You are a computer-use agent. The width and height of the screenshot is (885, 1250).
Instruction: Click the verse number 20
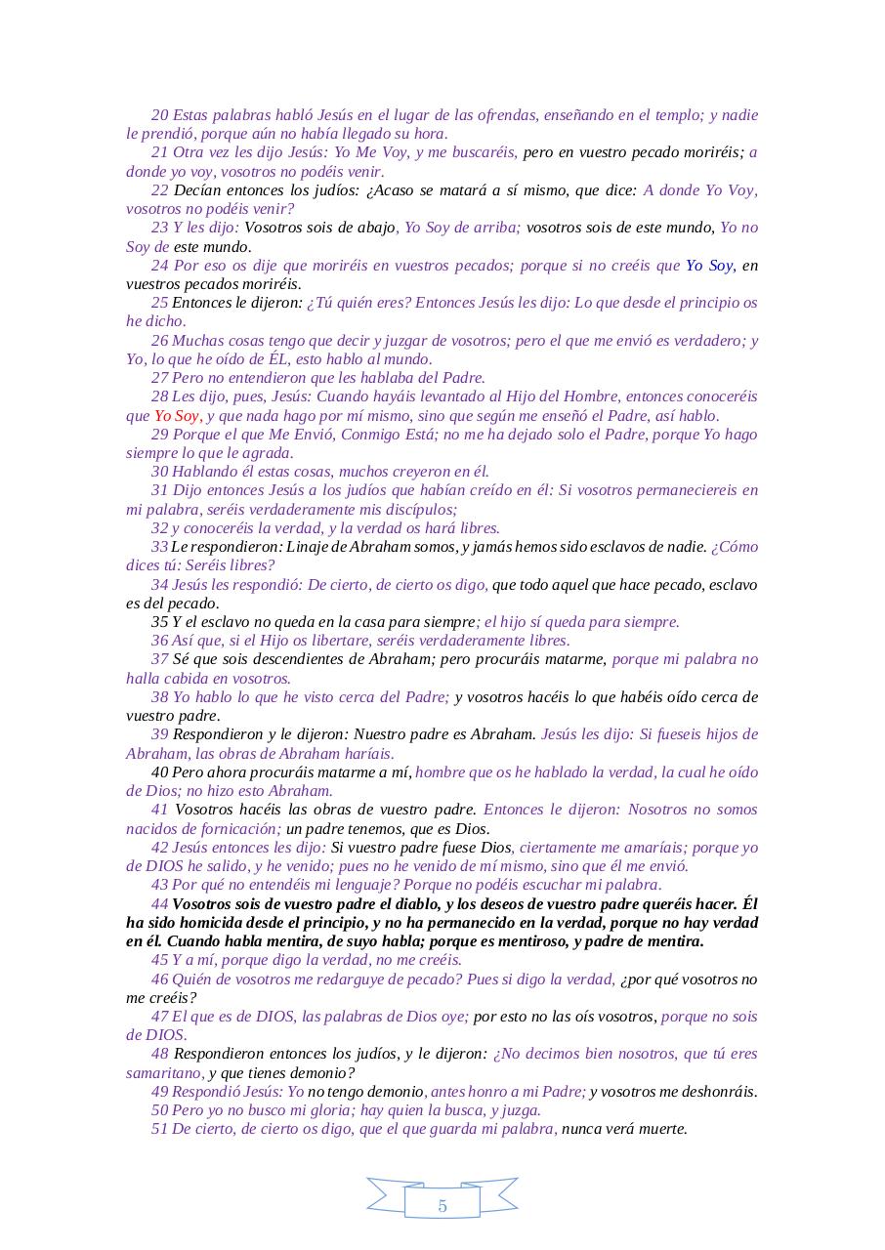(160, 115)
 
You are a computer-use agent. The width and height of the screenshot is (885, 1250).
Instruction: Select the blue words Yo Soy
(709, 266)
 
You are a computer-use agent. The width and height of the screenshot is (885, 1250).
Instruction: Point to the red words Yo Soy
(176, 416)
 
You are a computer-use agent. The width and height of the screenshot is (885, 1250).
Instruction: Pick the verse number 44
(160, 904)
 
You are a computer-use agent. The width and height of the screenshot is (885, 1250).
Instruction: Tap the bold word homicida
(208, 923)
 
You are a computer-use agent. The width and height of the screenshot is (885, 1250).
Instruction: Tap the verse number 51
(160, 1129)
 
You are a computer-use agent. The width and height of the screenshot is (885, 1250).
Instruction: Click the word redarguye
(349, 979)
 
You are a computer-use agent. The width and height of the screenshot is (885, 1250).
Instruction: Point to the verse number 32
(160, 528)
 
